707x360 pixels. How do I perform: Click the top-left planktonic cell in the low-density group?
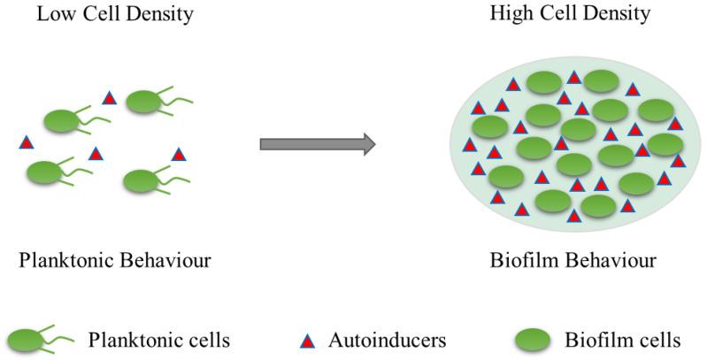pyautogui.click(x=62, y=121)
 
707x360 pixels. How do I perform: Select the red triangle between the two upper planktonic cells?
pyautogui.click(x=110, y=97)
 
